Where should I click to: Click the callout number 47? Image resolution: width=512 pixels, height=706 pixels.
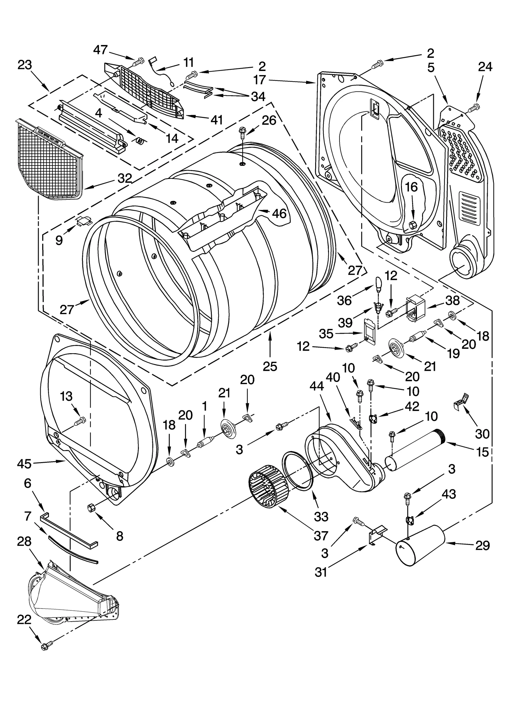point(100,50)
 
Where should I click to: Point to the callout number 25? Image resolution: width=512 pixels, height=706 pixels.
point(270,367)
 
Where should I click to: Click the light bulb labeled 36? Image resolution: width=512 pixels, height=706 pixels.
point(378,284)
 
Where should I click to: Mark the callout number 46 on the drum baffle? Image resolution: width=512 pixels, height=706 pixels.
point(279,213)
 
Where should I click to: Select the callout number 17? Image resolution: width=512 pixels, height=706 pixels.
point(260,80)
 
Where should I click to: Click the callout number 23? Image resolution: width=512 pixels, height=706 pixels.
point(25,65)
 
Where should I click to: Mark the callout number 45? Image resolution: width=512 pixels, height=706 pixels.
point(24,463)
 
